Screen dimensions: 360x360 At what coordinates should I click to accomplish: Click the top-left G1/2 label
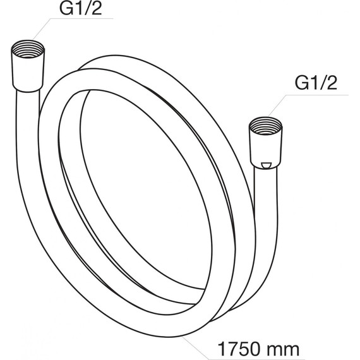[x=80, y=8]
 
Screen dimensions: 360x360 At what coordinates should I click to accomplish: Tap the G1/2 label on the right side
[x=316, y=83]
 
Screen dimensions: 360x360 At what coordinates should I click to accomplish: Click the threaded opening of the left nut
[x=28, y=49]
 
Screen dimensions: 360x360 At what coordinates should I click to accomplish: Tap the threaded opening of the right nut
[x=266, y=126]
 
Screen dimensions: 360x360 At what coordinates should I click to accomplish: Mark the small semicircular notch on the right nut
[x=267, y=165]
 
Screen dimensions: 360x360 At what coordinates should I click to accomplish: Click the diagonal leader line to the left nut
[x=42, y=29]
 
